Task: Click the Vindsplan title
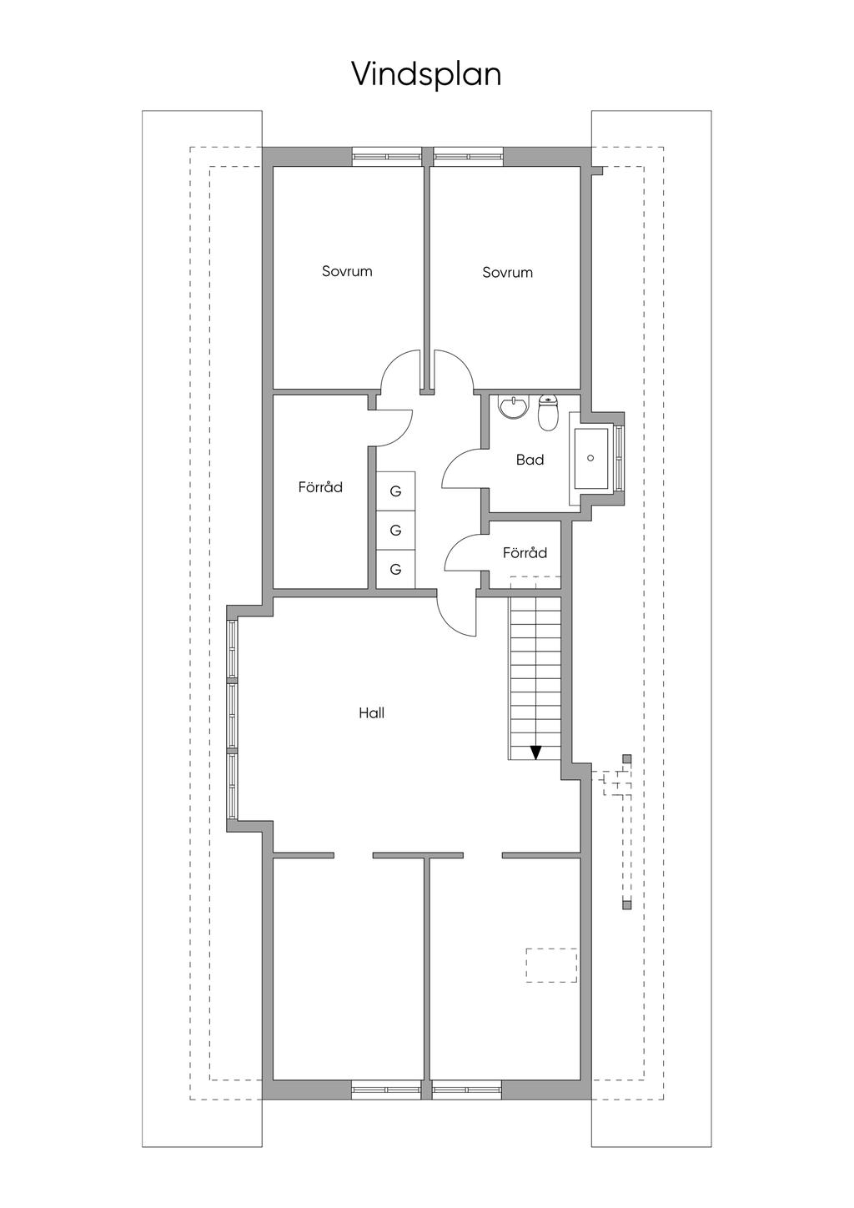click(426, 74)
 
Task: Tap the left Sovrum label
click(347, 271)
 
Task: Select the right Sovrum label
click(507, 272)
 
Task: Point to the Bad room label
click(530, 460)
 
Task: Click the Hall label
click(371, 713)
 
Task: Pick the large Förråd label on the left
click(320, 486)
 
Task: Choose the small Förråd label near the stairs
click(525, 552)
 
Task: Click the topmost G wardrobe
click(396, 491)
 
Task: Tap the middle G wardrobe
click(396, 530)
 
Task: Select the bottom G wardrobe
click(396, 569)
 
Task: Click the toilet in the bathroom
click(548, 413)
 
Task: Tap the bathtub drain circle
click(590, 458)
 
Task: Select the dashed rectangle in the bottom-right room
click(551, 965)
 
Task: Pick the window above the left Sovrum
click(387, 156)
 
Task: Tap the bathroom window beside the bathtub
click(620, 458)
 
